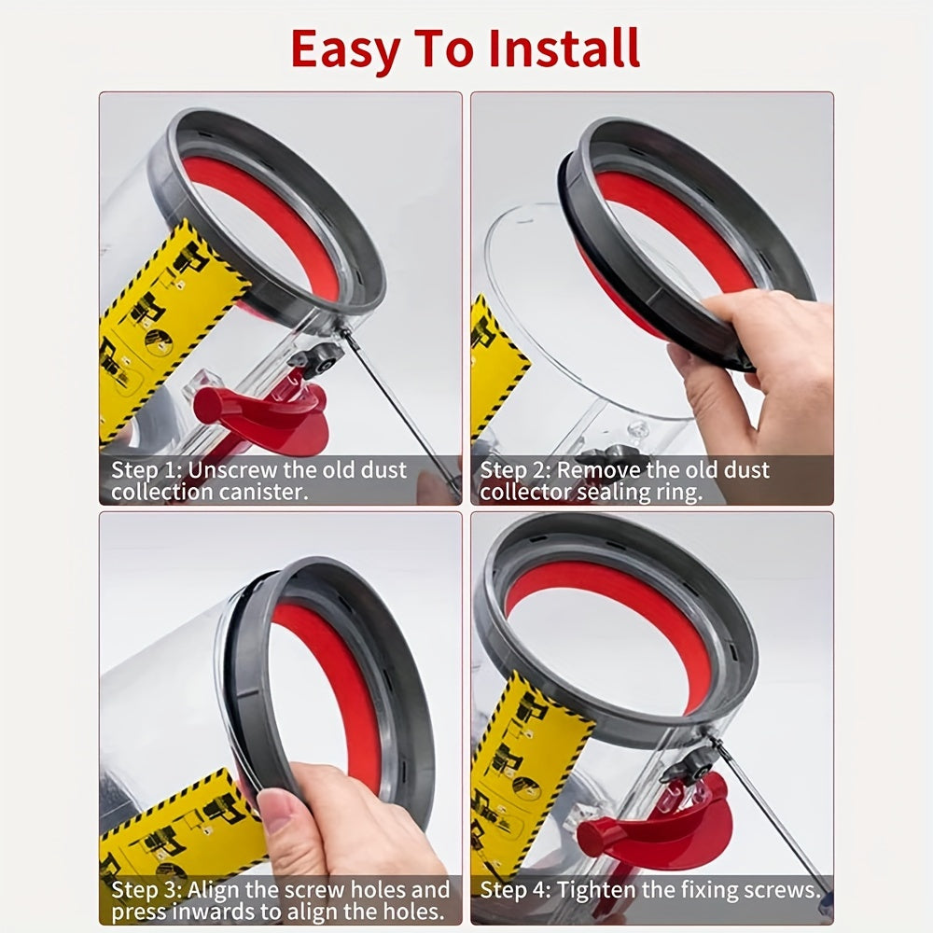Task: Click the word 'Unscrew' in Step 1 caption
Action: tap(229, 470)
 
